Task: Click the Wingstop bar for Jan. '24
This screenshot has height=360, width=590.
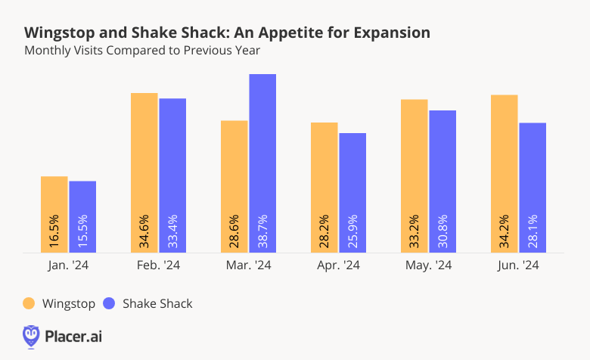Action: [x=54, y=214]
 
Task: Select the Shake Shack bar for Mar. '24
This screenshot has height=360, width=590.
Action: [x=262, y=163]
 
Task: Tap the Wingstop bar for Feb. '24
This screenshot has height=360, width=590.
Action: [x=144, y=172]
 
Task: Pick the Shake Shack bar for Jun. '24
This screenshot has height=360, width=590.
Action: [x=533, y=188]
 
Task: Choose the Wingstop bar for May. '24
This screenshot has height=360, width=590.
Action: [x=414, y=175]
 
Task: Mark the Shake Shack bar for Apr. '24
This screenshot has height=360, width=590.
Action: [x=352, y=192]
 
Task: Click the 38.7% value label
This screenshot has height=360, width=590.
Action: [x=262, y=230]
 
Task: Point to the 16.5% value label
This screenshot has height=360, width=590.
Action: [x=54, y=230]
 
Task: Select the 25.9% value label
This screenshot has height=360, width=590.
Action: [x=352, y=230]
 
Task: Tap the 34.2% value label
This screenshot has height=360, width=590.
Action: [x=505, y=230]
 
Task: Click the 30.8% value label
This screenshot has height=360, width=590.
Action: [x=442, y=230]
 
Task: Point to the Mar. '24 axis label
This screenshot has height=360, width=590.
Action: [x=248, y=265]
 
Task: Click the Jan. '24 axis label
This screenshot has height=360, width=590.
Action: [x=68, y=265]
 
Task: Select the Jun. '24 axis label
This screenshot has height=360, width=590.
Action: [x=518, y=265]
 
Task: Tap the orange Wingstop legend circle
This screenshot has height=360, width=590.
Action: [x=29, y=303]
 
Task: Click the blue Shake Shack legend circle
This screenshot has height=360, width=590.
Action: [x=110, y=303]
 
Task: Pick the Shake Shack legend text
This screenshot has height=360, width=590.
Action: [x=157, y=303]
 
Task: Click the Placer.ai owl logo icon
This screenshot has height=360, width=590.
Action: [x=31, y=336]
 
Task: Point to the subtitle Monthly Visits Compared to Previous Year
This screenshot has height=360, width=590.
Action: [x=142, y=51]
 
